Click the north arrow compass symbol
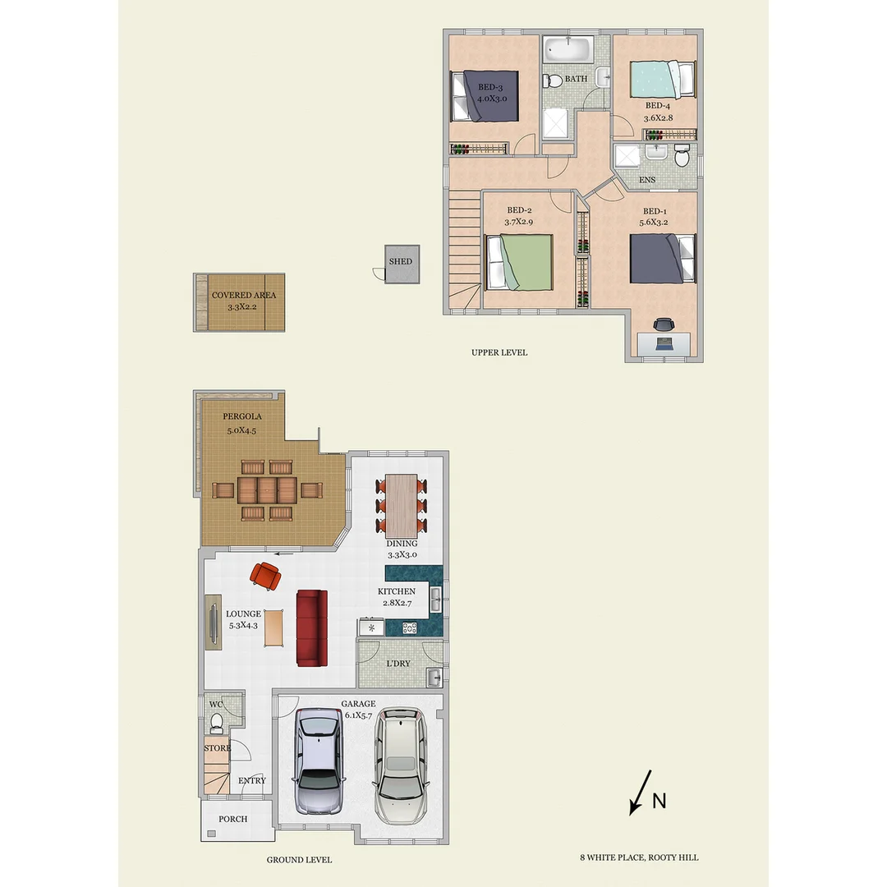641,793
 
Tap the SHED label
401,262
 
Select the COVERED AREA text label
244,296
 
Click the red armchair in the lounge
266,576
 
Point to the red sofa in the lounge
311,627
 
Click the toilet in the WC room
217,724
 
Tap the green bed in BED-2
520,262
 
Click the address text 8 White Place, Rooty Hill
639,857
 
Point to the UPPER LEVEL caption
499,353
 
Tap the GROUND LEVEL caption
299,860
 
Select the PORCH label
232,819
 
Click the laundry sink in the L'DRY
434,677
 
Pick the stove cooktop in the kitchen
408,628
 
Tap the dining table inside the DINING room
401,503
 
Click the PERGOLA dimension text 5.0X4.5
242,430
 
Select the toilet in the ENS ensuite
681,156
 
